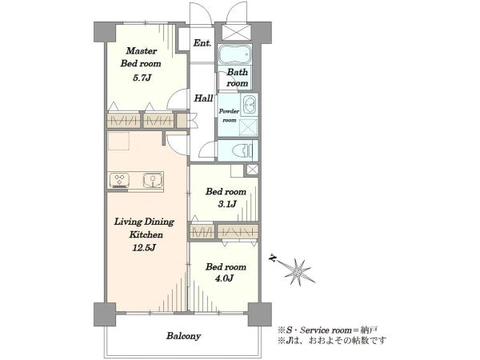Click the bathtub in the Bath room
[x=234, y=54]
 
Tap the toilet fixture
[x=242, y=150]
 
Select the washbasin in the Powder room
[x=249, y=104]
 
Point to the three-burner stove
[x=119, y=180]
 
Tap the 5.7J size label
[x=142, y=78]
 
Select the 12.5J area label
[x=144, y=247]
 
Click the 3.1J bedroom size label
[x=227, y=204]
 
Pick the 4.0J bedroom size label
[x=226, y=278]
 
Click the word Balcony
[x=184, y=336]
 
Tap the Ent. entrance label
[x=202, y=43]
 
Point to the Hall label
[x=203, y=98]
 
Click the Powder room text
[x=229, y=116]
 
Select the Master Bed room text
[x=141, y=58]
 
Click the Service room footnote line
[x=327, y=330]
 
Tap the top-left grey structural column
[x=104, y=32]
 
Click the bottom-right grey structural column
[x=259, y=314]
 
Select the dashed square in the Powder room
[x=249, y=126]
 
